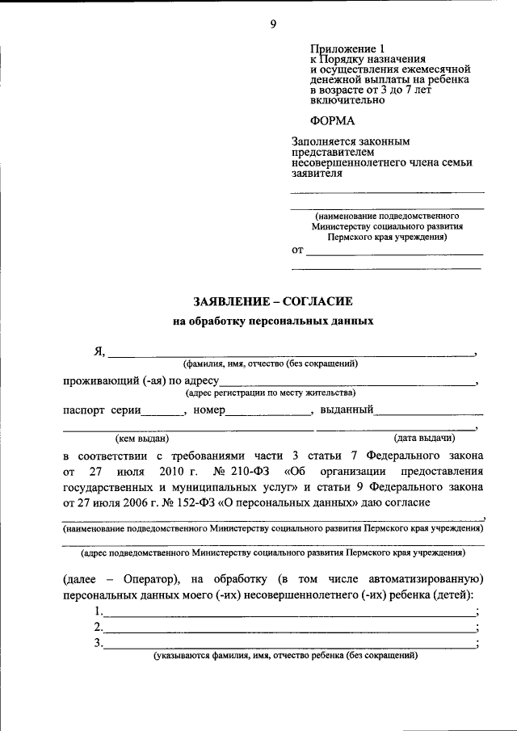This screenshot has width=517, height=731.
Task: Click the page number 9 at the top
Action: tap(273, 23)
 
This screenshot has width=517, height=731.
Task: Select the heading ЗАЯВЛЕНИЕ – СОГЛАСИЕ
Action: tap(273, 300)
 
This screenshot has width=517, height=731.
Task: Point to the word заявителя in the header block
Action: tap(318, 173)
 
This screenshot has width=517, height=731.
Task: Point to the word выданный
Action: tap(346, 410)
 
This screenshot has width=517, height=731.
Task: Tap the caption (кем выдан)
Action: tap(142, 439)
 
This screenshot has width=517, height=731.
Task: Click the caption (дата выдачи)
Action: tap(420, 439)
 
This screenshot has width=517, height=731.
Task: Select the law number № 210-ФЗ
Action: tap(242, 470)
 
